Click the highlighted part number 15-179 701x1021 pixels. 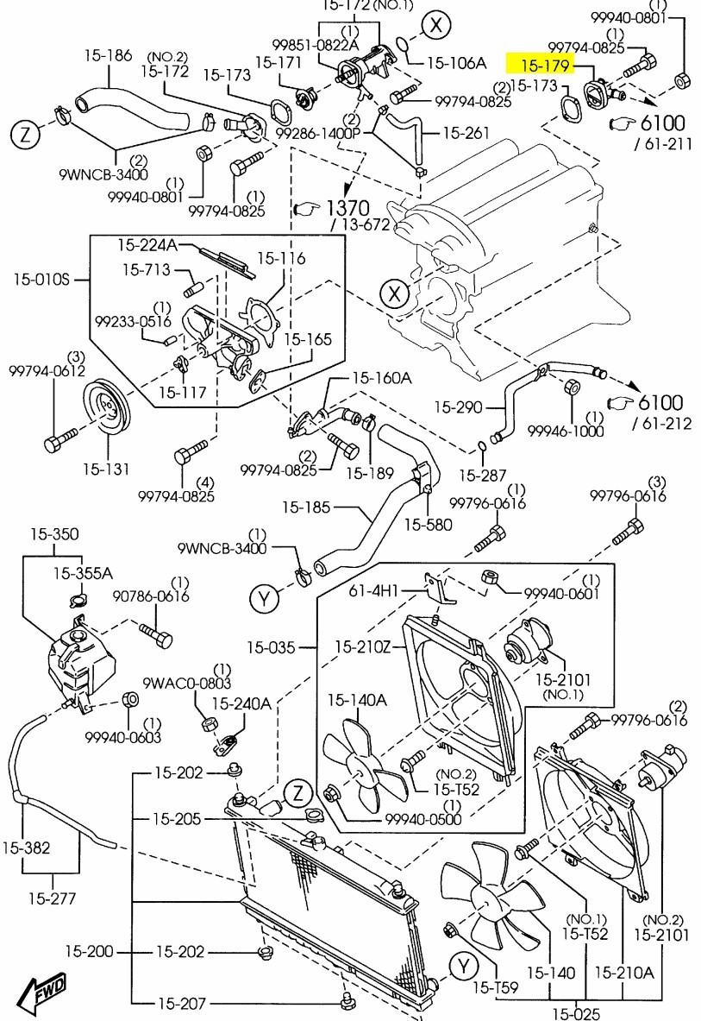(540, 63)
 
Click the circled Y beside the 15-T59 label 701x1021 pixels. (464, 964)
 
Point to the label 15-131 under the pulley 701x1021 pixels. (106, 470)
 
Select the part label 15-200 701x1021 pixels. (88, 951)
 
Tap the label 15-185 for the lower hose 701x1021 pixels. (307, 507)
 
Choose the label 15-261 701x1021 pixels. (466, 133)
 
